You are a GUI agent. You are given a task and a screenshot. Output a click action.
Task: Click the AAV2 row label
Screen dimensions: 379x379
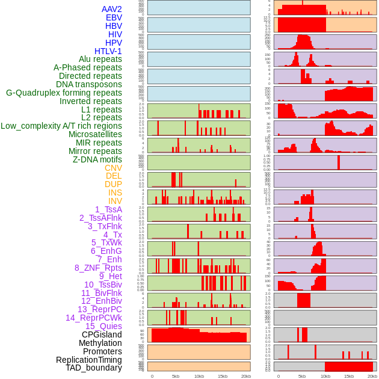pos(112,9)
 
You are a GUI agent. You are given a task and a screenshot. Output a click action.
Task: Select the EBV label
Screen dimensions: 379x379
pos(114,17)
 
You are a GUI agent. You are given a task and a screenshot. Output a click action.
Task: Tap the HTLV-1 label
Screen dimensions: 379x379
pos(108,51)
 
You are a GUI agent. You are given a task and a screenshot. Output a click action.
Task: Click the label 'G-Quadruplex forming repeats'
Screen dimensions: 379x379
pos(64,93)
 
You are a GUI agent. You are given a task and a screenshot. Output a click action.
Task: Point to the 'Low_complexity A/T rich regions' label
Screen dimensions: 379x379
pos(61,126)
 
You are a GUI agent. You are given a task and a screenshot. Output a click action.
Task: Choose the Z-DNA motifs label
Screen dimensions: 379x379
pos(97,159)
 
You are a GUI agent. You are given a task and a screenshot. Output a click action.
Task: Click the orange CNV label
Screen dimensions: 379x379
pos(113,168)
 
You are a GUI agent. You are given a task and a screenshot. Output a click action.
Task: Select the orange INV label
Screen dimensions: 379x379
pos(115,201)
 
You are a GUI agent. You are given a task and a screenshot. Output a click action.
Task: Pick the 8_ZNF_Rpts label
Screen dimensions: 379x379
pos(98,268)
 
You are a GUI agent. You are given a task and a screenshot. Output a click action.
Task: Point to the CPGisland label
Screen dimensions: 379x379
pos(102,334)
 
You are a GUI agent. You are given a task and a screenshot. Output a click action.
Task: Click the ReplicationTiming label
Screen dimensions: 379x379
pos(89,360)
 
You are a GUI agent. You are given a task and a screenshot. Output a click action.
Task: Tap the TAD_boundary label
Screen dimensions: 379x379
pos(94,368)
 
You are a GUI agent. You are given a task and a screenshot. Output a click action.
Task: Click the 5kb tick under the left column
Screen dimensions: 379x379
pos(176,376)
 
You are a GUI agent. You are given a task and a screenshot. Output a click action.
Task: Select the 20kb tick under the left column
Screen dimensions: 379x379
pos(245,376)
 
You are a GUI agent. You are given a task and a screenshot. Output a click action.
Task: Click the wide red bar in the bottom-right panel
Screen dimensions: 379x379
pos(349,366)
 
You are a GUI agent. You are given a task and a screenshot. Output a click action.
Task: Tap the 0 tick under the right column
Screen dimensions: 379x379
pos(279,376)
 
